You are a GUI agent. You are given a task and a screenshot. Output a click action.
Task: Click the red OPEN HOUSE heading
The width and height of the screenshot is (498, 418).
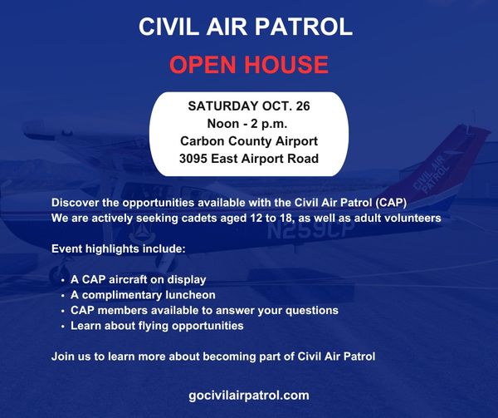pyautogui.click(x=249, y=65)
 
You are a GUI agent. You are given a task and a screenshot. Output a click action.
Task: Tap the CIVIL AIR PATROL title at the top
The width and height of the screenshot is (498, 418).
pyautogui.click(x=246, y=27)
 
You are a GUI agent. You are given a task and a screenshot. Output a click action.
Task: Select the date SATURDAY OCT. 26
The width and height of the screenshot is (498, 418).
pyautogui.click(x=249, y=106)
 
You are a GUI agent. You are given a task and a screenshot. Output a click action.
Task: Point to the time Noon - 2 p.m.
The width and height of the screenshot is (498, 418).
pyautogui.click(x=247, y=124)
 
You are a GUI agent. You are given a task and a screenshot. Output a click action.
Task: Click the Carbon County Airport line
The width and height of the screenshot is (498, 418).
pyautogui.click(x=249, y=141)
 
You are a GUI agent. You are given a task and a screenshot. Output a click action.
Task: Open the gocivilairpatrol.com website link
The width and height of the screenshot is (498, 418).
pyautogui.click(x=249, y=396)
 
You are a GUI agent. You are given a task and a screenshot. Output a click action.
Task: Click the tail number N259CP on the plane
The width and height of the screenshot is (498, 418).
pyautogui.click(x=310, y=229)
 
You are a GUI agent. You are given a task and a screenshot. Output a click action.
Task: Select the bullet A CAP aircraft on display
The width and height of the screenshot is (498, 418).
pyautogui.click(x=138, y=280)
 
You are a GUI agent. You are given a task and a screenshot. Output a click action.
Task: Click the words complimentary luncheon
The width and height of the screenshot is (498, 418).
pyautogui.click(x=149, y=295)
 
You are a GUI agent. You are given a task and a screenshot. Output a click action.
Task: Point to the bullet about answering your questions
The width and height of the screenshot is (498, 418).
pyautogui.click(x=204, y=310)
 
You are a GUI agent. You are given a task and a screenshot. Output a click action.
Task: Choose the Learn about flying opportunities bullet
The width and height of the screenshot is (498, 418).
pyautogui.click(x=157, y=326)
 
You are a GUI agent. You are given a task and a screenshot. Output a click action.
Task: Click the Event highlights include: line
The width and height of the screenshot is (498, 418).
pyautogui.click(x=118, y=248)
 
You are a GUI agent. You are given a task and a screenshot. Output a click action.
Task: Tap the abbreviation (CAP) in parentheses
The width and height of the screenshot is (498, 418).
pyautogui.click(x=391, y=203)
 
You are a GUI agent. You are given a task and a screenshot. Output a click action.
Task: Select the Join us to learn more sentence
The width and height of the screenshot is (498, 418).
pyautogui.click(x=213, y=357)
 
